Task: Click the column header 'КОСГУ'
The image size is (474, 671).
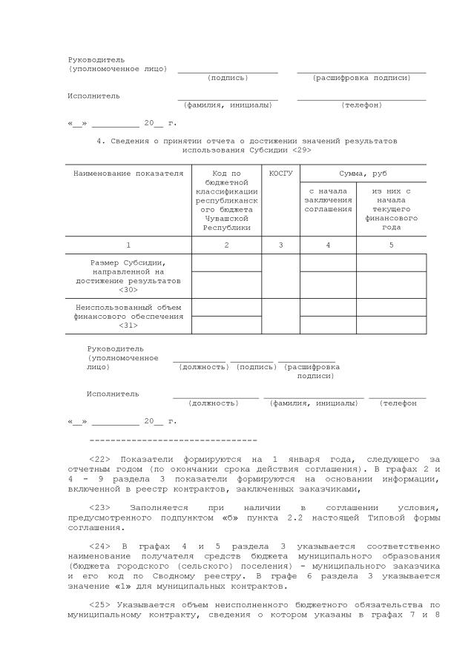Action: pos(281,173)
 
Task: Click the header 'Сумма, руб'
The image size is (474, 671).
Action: pos(363,173)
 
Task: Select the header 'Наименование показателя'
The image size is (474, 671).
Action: pos(128,173)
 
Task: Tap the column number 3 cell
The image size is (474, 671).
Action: pos(281,245)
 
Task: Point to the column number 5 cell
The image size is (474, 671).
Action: pos(392,245)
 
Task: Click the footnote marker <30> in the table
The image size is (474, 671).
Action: pos(128,290)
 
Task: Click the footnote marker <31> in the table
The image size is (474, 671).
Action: pos(128,325)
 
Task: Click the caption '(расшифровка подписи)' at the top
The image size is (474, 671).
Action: pos(361,78)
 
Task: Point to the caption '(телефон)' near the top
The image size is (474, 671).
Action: pos(361,105)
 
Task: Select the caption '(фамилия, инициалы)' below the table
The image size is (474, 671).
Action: pos(313,403)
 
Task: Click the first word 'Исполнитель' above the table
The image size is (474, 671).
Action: pos(93,96)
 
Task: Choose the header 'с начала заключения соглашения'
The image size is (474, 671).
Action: pos(328,200)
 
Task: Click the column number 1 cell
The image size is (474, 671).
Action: pos(128,245)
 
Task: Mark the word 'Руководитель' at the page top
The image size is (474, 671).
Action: pos(96,59)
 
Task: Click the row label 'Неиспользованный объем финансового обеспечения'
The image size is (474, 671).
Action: pos(128,311)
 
